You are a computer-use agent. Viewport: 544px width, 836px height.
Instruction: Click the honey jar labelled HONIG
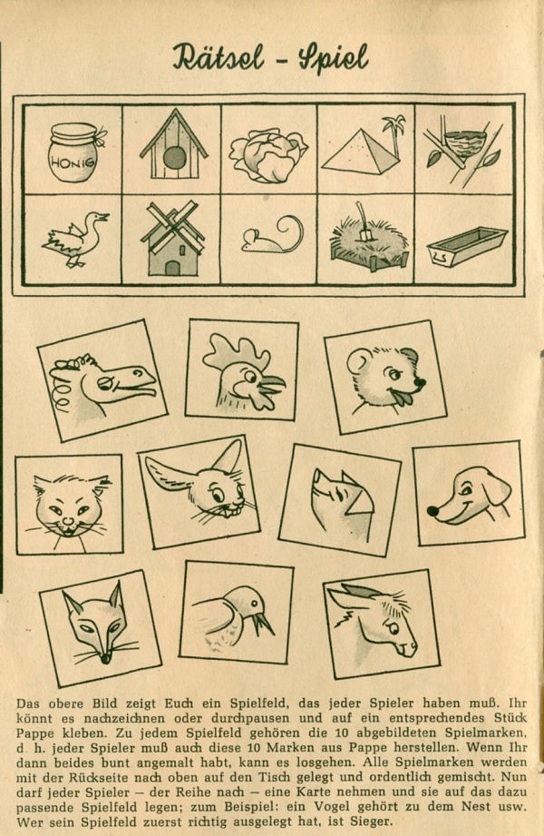tap(75, 151)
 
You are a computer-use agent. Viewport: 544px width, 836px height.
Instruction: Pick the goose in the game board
tap(75, 238)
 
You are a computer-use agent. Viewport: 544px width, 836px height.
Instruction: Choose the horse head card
tap(102, 379)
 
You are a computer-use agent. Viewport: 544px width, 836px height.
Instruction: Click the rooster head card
tap(242, 369)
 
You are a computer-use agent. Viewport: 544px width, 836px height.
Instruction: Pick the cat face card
tap(69, 504)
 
